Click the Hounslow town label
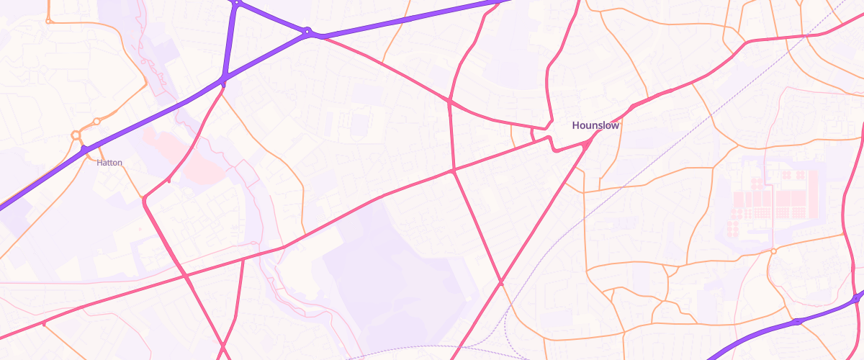coord(595,125)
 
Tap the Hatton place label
coord(109,163)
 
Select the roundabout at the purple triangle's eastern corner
coord(307,32)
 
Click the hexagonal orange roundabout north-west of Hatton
coord(76,135)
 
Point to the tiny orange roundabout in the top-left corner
coord(48,21)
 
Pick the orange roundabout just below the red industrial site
coord(773,251)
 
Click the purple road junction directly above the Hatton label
coord(85,149)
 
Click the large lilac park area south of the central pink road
coord(389,274)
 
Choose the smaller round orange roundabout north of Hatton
coord(96,121)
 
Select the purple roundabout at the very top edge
coord(236,3)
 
